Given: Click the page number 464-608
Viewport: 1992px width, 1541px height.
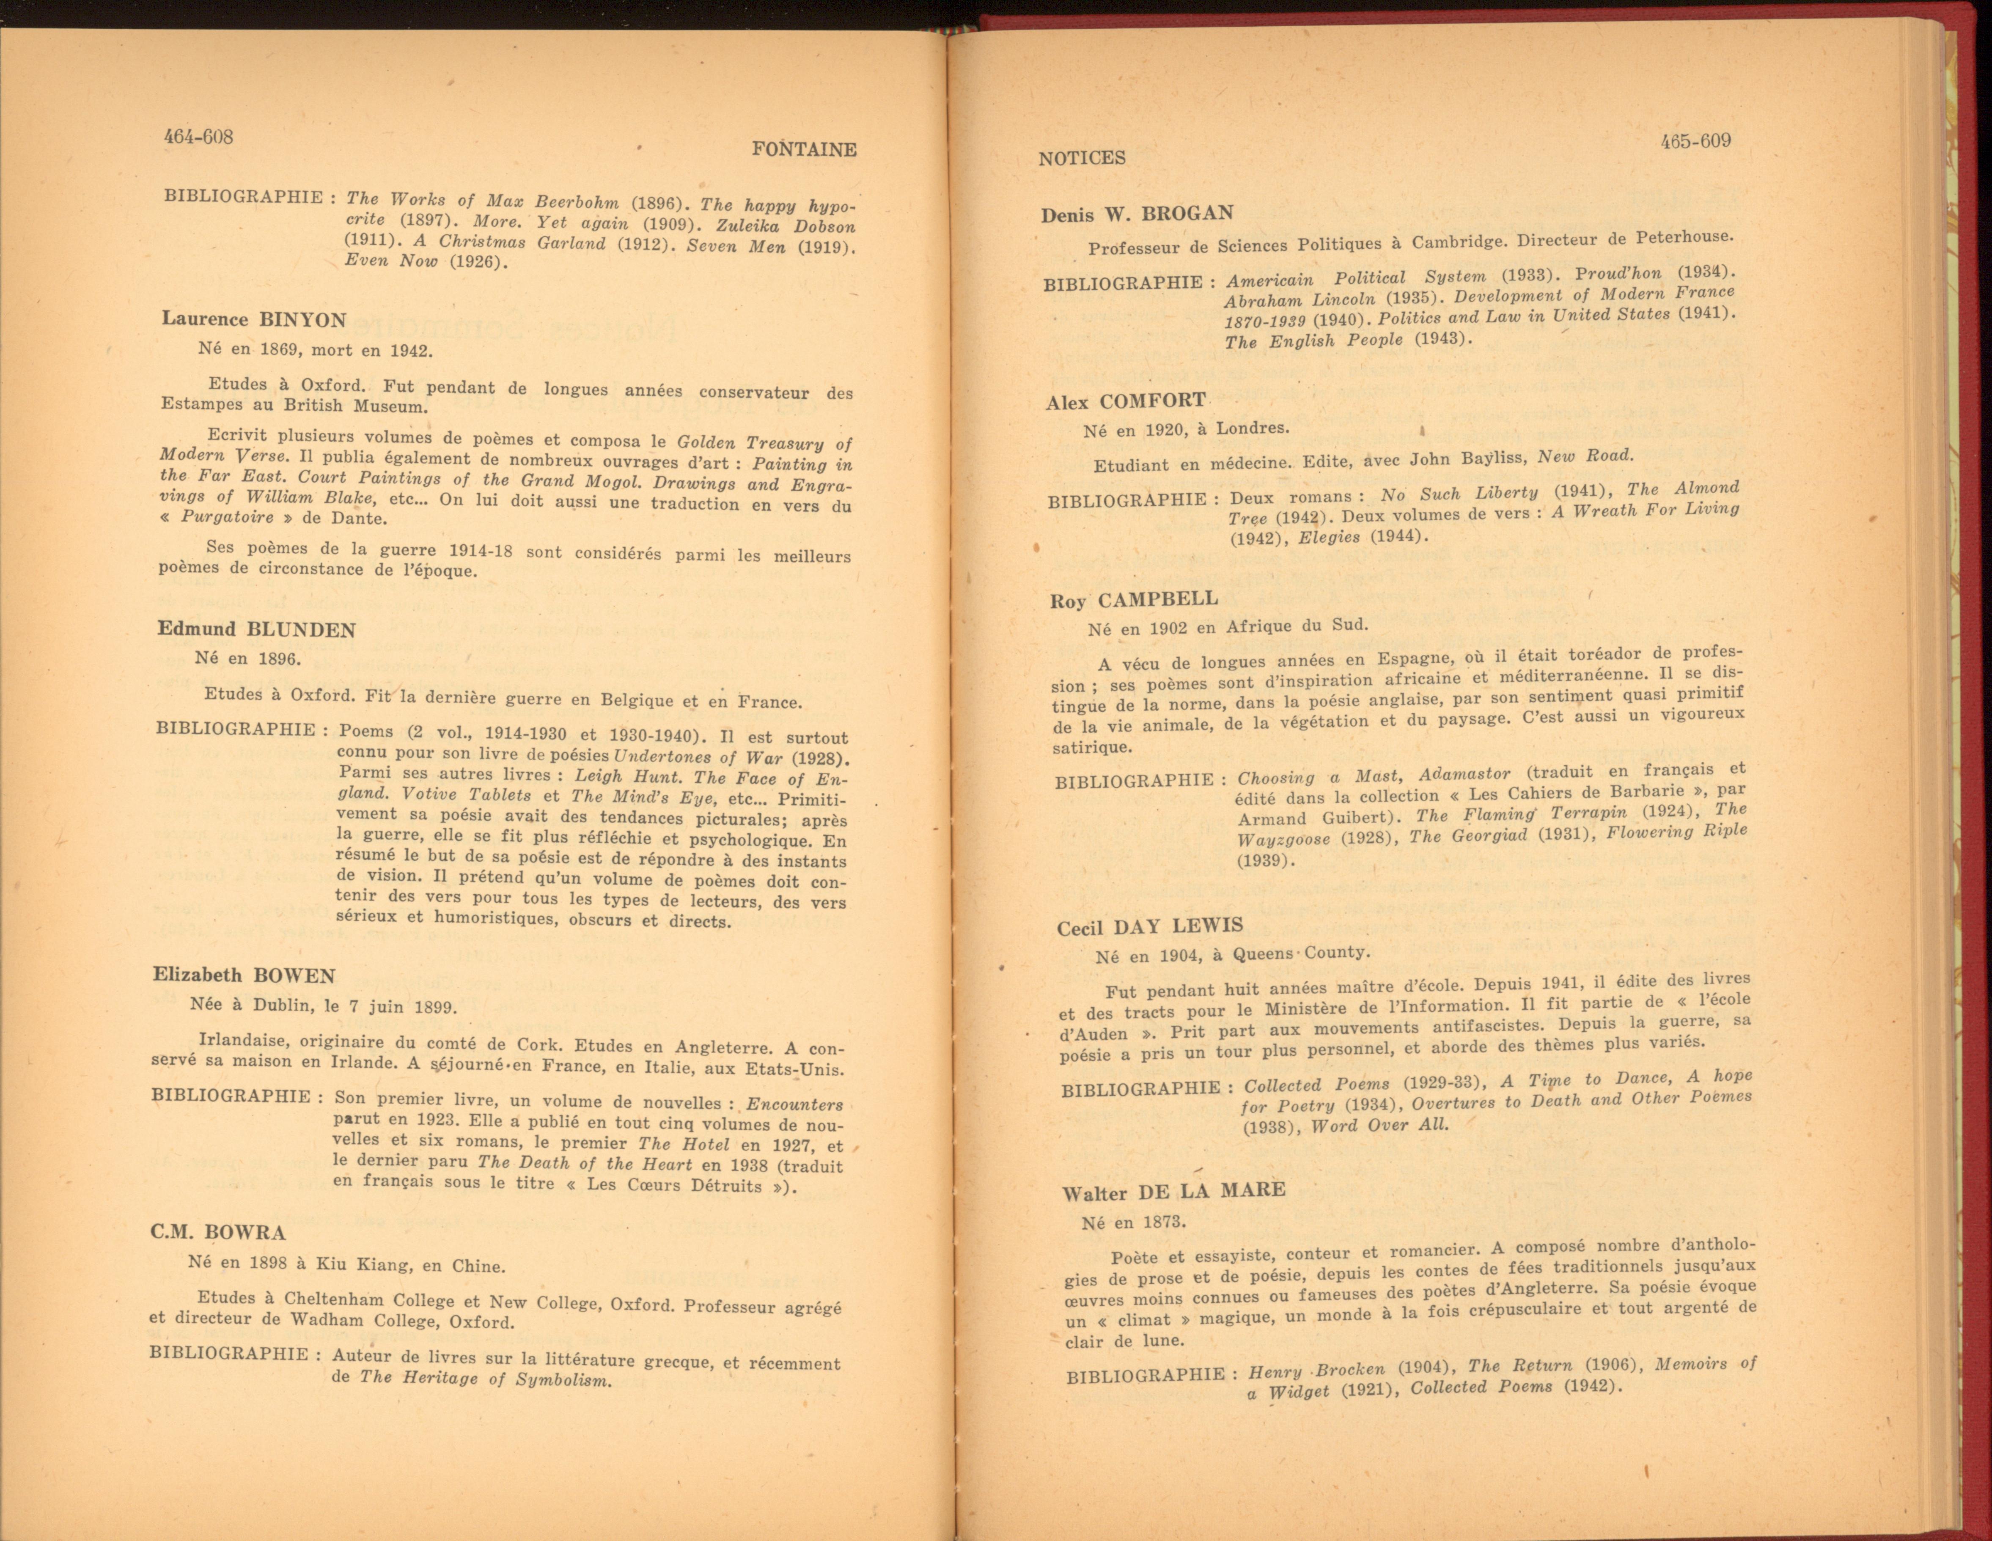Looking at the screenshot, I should click(198, 137).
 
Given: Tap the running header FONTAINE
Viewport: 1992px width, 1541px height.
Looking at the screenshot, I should click(804, 150).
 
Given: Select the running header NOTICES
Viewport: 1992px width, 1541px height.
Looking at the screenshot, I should click(1082, 158).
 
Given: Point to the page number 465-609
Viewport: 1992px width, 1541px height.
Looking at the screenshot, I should click(1695, 141).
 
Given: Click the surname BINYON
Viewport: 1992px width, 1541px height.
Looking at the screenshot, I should click(303, 320).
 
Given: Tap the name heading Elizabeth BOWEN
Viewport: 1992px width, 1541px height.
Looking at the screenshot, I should click(245, 975).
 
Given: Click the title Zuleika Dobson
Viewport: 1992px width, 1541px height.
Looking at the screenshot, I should click(785, 226).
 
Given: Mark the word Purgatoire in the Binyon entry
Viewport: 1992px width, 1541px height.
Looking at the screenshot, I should click(227, 517).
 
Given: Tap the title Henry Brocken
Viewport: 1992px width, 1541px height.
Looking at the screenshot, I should click(1316, 1371).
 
